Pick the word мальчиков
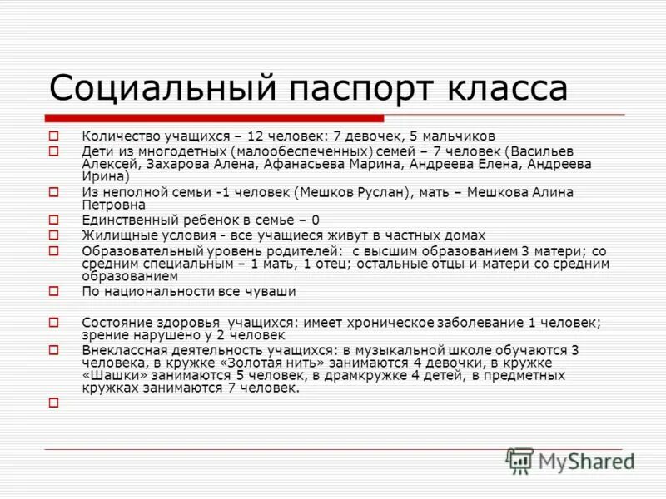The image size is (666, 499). [x=462, y=136]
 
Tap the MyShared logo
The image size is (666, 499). [x=569, y=461]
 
